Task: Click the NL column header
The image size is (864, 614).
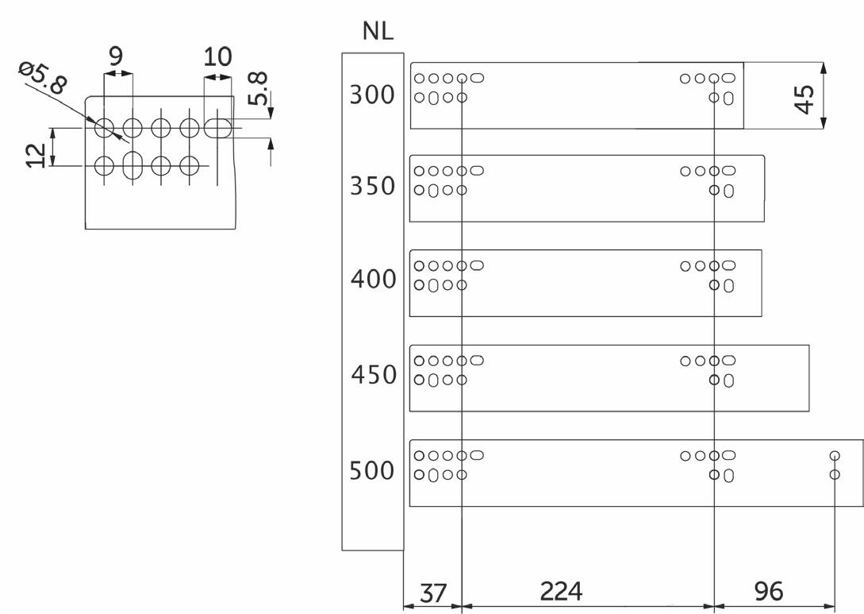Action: click(x=378, y=32)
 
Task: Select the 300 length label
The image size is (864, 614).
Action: click(x=372, y=95)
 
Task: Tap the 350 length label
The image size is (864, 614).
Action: click(x=372, y=186)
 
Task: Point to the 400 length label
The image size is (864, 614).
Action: click(x=372, y=280)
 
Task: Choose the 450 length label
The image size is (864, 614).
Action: click(x=373, y=374)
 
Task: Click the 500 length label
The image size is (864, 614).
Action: click(x=372, y=470)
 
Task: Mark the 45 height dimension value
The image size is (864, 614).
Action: click(x=803, y=99)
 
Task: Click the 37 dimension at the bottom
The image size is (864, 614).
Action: click(x=432, y=592)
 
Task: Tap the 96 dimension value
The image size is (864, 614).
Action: click(x=768, y=591)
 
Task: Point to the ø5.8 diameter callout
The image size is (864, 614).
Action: click(x=44, y=78)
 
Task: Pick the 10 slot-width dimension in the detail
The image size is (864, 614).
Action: click(x=217, y=56)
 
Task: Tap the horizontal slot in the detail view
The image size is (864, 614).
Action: click(x=218, y=127)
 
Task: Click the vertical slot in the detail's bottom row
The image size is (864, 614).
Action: click(x=132, y=165)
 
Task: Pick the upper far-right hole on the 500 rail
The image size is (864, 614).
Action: click(x=834, y=456)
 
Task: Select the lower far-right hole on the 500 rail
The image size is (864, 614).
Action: click(x=834, y=475)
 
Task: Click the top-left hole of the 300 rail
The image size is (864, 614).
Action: click(x=418, y=79)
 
